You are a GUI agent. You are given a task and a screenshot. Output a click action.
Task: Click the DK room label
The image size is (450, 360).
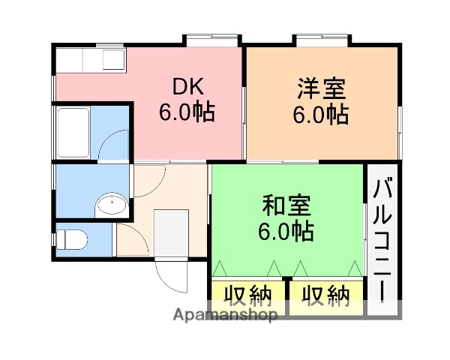pos(186,85)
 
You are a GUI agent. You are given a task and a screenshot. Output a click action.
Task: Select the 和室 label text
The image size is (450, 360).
pos(285,205)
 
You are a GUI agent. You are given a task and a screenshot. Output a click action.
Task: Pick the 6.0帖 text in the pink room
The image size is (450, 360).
pos(186,112)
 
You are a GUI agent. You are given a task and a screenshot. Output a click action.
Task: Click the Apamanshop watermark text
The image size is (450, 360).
pos(226,315)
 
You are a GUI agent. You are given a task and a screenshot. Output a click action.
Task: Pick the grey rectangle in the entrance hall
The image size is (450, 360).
pos(170,233)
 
